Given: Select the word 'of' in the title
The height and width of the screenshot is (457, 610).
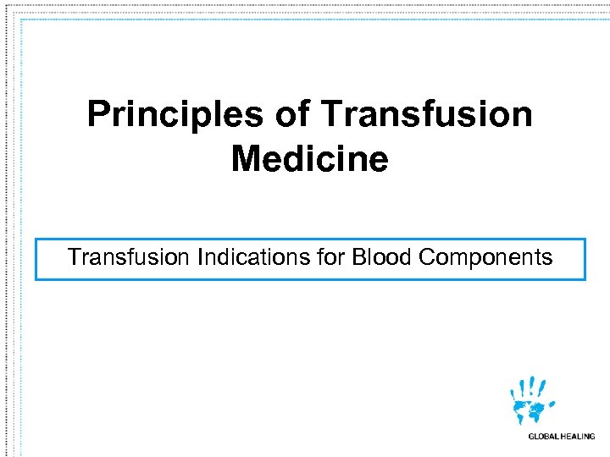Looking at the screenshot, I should click(291, 114).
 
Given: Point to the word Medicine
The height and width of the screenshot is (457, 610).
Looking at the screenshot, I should click(309, 158).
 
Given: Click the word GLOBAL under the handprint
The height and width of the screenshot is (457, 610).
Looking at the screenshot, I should click(544, 437).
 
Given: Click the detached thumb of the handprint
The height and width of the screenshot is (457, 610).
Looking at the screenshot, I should click(552, 404).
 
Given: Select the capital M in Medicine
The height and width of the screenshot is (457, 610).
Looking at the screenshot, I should click(245, 158).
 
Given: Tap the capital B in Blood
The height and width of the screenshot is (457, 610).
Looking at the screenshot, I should click(359, 257).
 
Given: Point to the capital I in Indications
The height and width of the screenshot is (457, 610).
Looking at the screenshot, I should click(200, 257).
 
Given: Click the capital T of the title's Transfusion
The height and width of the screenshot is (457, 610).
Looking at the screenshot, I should click(330, 114).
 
